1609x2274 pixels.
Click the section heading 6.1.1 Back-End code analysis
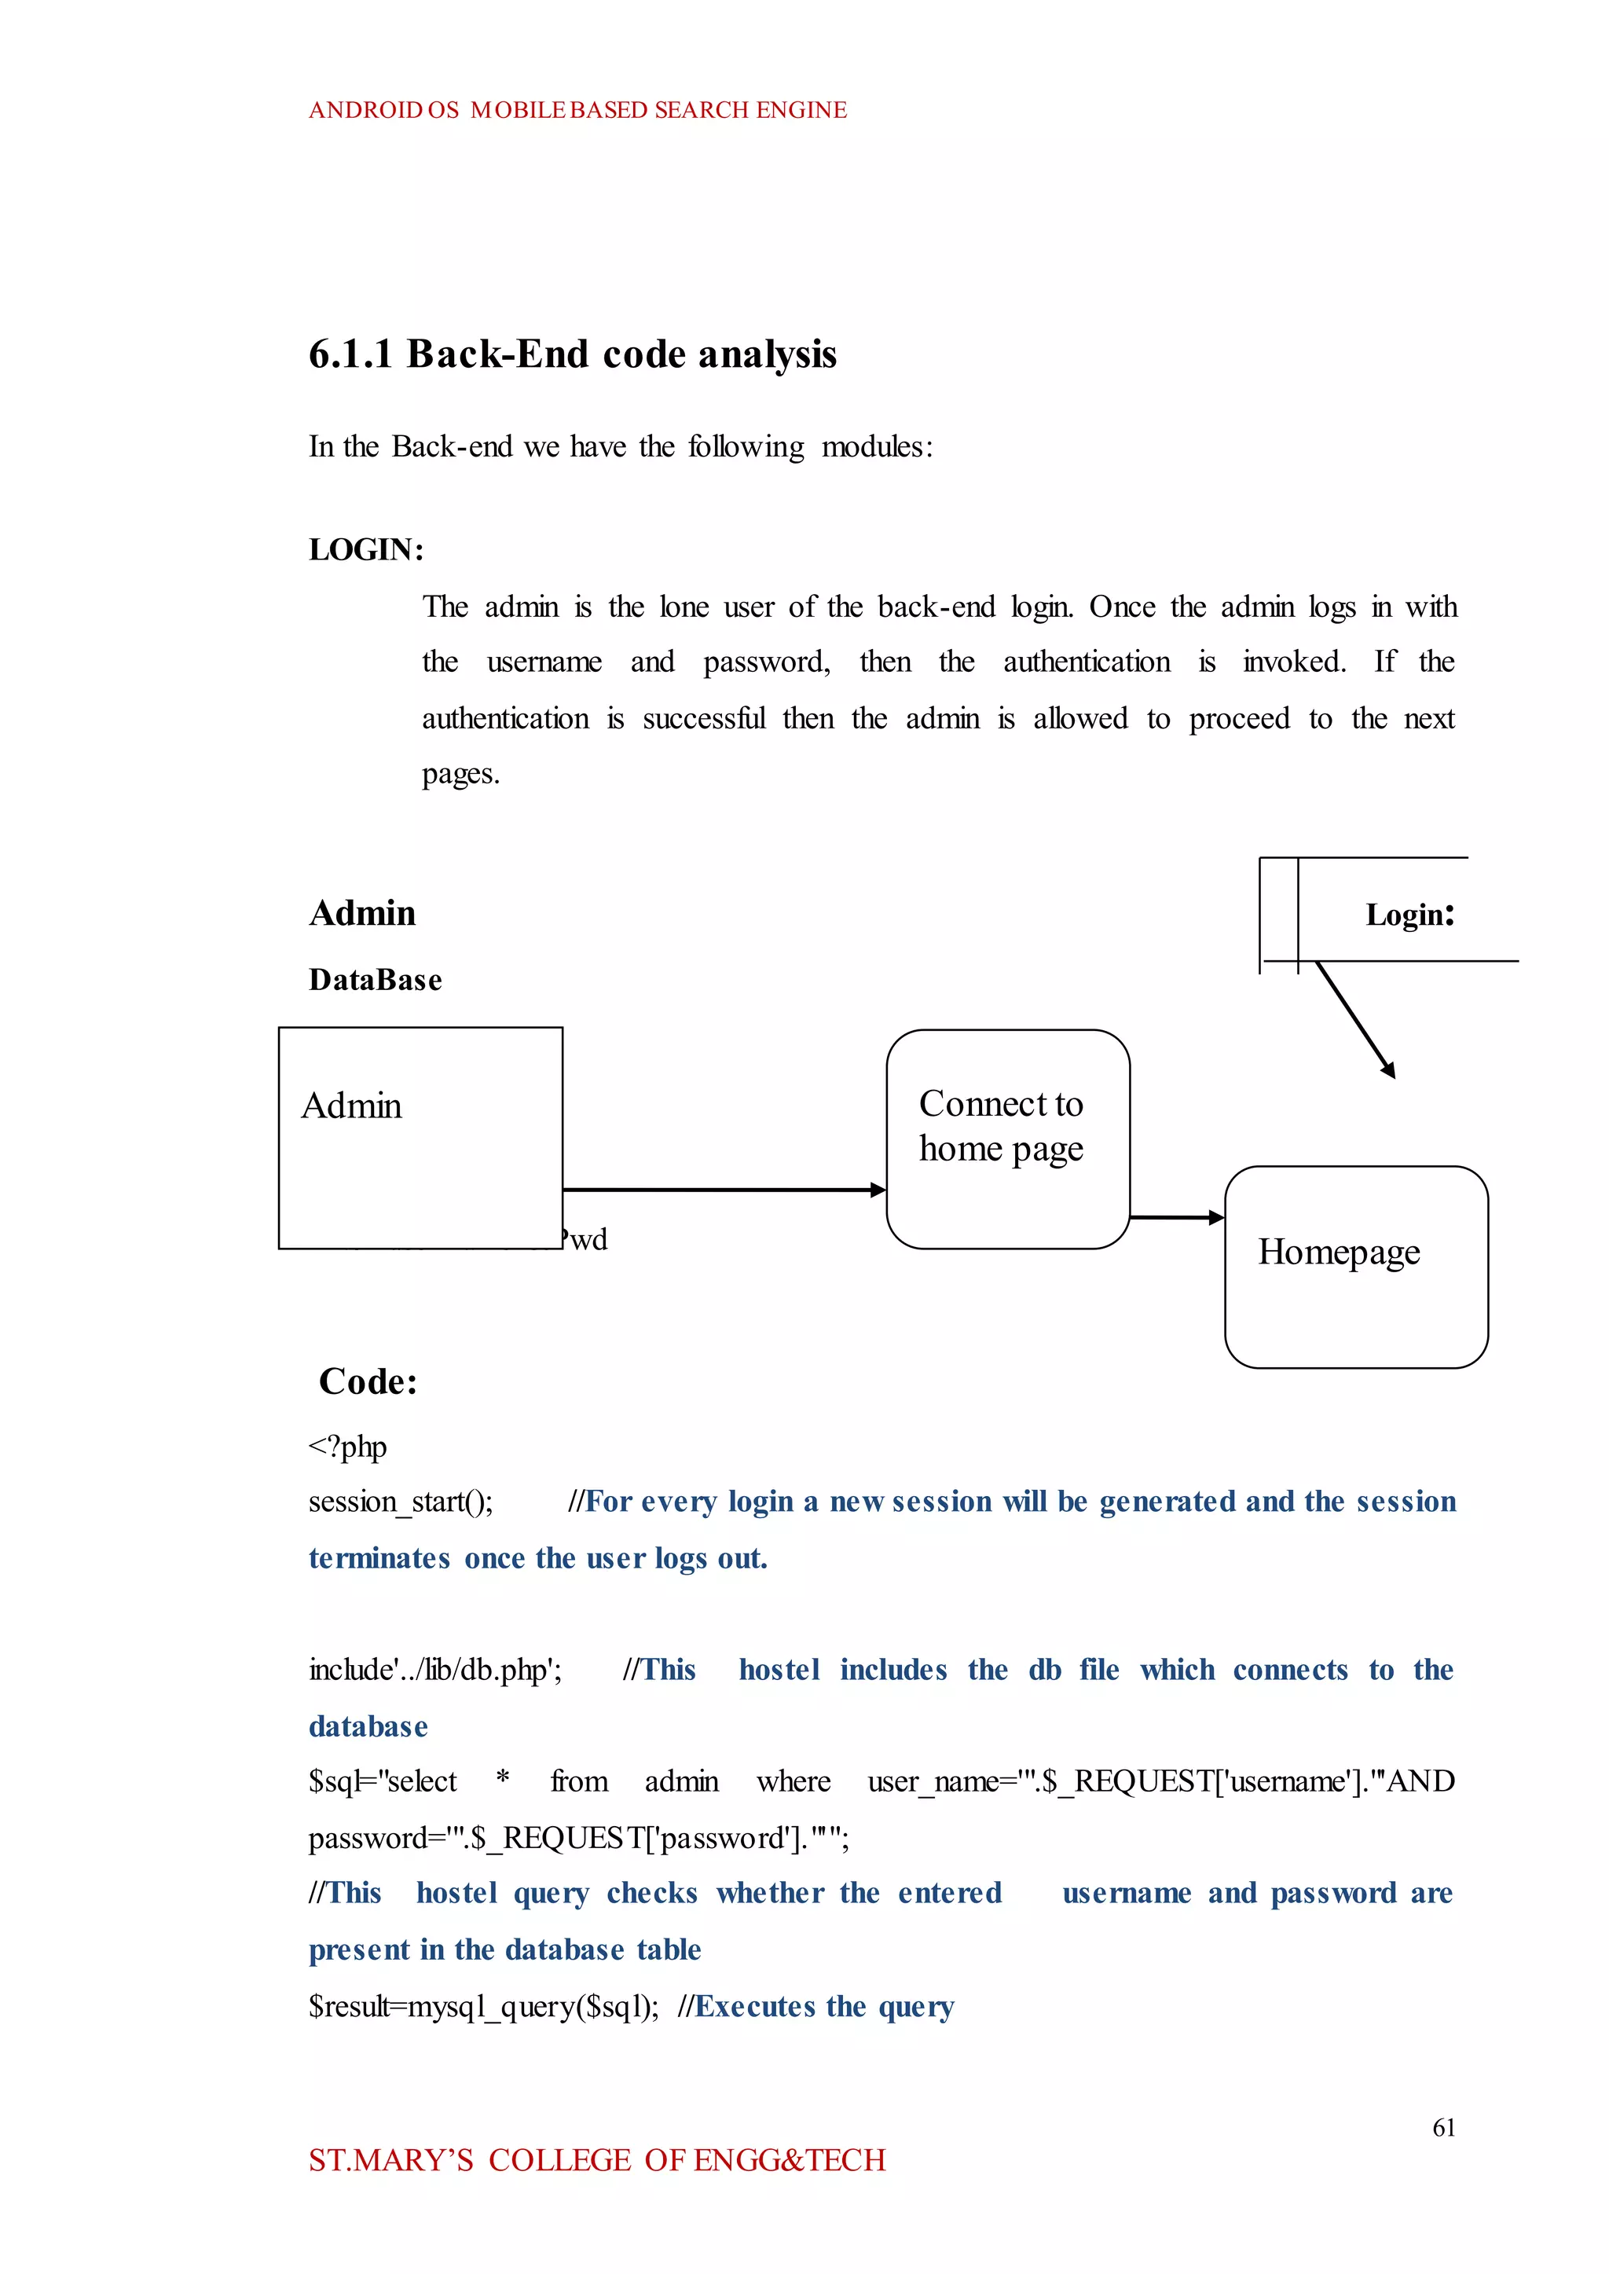573,354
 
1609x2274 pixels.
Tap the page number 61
1443,2127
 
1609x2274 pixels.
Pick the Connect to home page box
1008,1139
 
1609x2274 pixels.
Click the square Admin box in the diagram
420,1138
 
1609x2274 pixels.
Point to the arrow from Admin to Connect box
724,1189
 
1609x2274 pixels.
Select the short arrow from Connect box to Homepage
1177,1217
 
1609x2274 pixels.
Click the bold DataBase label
376,980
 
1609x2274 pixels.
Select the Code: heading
368,1381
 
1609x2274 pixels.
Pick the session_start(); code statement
400,1502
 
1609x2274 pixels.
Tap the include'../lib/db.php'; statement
435,1671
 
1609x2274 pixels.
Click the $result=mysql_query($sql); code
483,2007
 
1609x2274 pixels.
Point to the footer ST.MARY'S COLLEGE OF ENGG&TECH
596,2160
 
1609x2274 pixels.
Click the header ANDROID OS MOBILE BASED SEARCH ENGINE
577,110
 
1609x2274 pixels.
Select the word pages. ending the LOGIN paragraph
460,774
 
